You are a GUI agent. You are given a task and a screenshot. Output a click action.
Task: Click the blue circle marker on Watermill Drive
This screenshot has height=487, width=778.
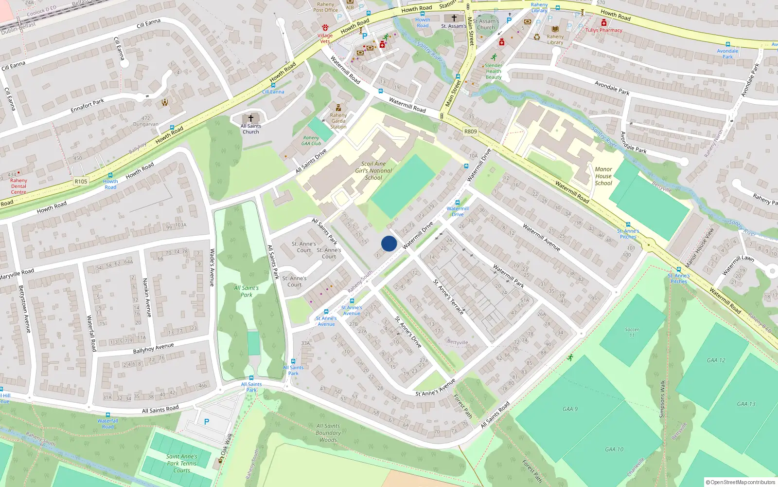(389, 243)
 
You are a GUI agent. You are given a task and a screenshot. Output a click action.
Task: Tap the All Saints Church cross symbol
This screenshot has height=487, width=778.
(251, 118)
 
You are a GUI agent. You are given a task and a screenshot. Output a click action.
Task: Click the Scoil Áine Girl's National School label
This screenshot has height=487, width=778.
(373, 171)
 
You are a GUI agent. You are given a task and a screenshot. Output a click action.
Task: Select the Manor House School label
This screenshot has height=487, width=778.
(603, 176)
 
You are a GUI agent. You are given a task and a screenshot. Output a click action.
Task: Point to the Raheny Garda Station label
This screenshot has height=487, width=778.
(338, 121)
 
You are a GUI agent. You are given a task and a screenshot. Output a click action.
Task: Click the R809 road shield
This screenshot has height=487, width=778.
(470, 131)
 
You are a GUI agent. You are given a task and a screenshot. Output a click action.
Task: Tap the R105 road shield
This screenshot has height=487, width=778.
(81, 182)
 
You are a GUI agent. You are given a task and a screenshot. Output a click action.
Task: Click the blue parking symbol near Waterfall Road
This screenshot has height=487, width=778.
(207, 422)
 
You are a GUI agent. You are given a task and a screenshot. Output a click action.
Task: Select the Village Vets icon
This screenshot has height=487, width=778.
(325, 28)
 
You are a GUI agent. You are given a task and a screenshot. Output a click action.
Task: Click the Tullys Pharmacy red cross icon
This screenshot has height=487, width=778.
(603, 23)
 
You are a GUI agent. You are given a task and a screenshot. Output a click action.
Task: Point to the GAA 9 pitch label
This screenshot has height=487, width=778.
(570, 409)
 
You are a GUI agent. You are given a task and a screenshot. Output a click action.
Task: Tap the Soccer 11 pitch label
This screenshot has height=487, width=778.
(632, 332)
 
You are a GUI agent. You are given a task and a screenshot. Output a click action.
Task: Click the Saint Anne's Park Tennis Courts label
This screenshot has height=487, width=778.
(181, 464)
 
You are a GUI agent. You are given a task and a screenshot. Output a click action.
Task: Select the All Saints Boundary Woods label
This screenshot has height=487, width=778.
(328, 433)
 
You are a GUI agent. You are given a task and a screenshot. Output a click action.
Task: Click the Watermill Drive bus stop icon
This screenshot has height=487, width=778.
(457, 203)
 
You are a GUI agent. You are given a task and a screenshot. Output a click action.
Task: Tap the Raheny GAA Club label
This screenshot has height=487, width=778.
(311, 141)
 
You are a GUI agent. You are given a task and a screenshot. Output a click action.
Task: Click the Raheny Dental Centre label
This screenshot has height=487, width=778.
(18, 186)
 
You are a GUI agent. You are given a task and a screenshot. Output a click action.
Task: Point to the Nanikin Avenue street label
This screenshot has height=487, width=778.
(147, 298)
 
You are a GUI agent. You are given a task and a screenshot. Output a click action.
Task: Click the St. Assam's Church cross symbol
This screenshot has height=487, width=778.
(454, 18)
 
